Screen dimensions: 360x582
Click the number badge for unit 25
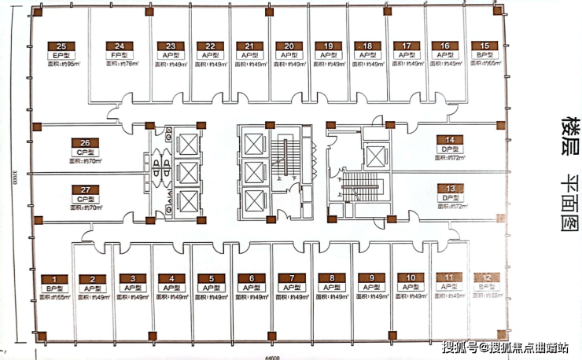click(61, 46)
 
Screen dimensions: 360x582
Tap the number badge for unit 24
click(119, 46)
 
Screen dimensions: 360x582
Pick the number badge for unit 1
click(54, 278)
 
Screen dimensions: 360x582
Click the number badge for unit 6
click(251, 278)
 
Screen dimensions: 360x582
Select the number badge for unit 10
click(410, 278)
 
